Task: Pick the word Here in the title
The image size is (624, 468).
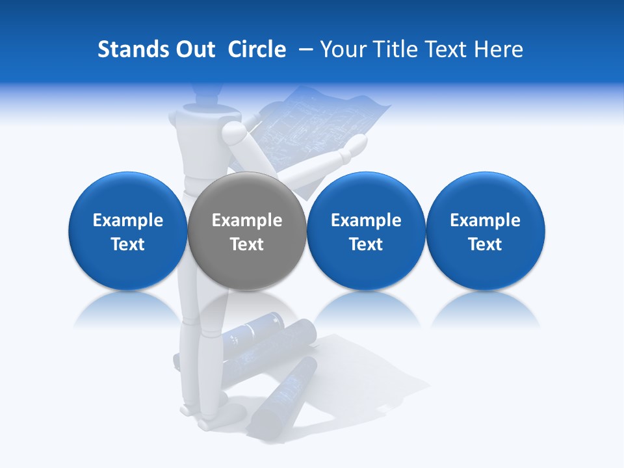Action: tap(499, 49)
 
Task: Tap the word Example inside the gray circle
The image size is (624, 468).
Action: tap(247, 220)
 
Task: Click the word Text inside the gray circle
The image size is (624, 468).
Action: tap(247, 244)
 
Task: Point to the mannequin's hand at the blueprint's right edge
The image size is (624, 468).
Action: tap(357, 146)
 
